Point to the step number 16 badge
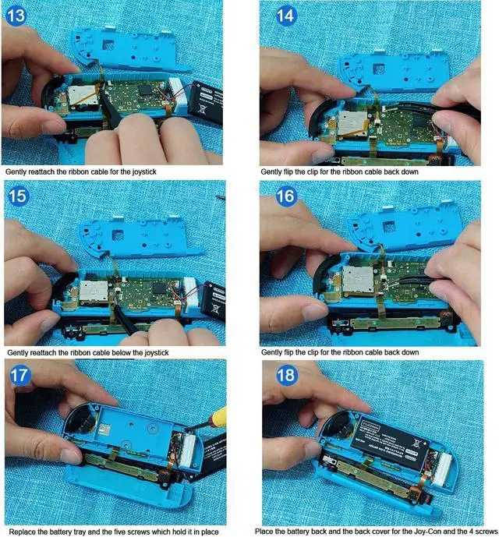click(x=285, y=196)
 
